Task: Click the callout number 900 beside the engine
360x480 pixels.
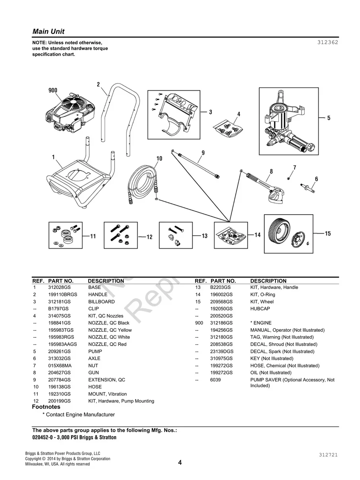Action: (53, 91)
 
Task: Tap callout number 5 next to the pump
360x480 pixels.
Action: (329, 118)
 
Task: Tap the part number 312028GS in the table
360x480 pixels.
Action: (59, 287)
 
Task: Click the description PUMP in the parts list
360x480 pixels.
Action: (95, 351)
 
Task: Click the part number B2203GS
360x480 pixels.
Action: (220, 287)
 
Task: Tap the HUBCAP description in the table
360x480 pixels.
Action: (260, 308)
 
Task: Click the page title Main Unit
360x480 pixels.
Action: (48, 31)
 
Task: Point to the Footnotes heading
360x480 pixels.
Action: (46, 407)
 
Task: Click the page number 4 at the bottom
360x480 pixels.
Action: (180, 462)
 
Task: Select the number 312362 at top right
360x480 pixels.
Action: (327, 42)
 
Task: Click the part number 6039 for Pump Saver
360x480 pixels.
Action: (215, 380)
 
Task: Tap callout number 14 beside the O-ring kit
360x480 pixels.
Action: (257, 235)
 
